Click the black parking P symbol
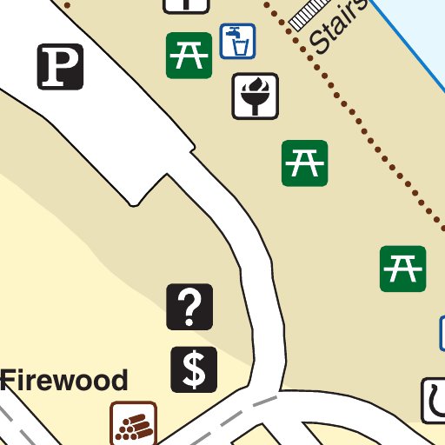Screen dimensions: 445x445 [x=60, y=67]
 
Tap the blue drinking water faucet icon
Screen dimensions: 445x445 [x=237, y=41]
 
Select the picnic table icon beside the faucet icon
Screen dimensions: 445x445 [x=189, y=55]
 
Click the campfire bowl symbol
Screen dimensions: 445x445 [x=255, y=96]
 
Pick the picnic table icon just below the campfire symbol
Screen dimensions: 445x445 [x=305, y=163]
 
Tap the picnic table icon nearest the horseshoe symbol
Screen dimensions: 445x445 [x=402, y=269]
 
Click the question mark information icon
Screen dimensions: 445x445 [x=189, y=307]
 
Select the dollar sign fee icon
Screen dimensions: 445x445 [x=194, y=369]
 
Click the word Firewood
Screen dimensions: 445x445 [x=64, y=380]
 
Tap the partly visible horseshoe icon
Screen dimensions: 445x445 [x=434, y=401]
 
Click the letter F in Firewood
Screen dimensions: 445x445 [x=9, y=380]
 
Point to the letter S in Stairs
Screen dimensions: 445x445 [x=319, y=43]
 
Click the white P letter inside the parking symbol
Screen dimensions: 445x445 [x=60, y=67]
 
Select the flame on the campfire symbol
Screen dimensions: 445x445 [x=256, y=88]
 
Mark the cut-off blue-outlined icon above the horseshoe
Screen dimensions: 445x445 [x=442, y=332]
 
